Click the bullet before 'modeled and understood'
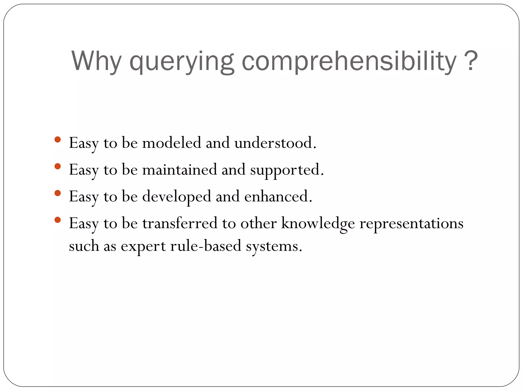58,139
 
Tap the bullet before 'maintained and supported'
58,166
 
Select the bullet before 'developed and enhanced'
58,193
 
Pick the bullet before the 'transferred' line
58,220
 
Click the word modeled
172,143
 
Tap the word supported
285,170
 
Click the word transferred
180,223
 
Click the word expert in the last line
143,247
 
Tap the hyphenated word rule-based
206,246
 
